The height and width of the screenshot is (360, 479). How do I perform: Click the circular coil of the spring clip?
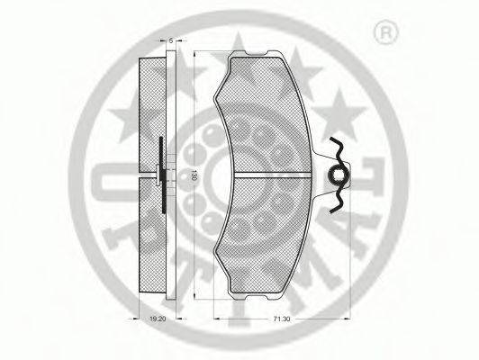click(337, 175)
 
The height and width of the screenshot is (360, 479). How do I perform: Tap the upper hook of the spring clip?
click(339, 147)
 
